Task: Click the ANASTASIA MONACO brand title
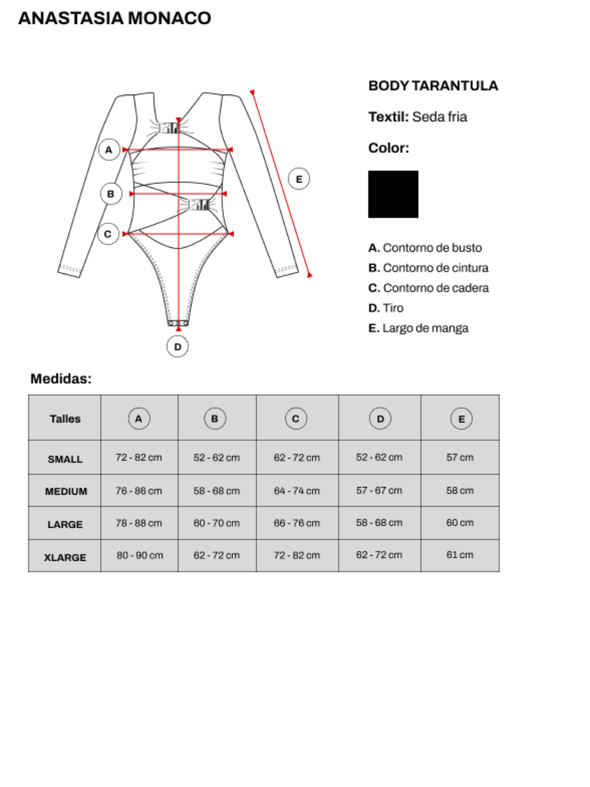point(114,18)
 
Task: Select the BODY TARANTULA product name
point(433,86)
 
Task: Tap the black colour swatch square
point(393,194)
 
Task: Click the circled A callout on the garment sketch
point(109,150)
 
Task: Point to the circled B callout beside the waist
point(111,194)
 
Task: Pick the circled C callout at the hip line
point(108,234)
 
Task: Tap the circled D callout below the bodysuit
point(177,347)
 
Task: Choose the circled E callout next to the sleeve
point(299,179)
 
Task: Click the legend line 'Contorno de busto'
point(425,248)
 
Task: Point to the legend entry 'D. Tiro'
point(386,308)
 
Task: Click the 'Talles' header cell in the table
point(65,419)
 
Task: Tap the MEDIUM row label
point(66,491)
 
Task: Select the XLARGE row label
point(65,558)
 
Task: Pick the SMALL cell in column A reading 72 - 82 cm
point(139,458)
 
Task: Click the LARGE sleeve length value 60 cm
point(460,523)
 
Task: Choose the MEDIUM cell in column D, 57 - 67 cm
point(379,490)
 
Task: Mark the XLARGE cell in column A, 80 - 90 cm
point(139,556)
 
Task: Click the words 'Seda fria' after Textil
point(439,117)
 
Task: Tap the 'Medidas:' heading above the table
point(61,379)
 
